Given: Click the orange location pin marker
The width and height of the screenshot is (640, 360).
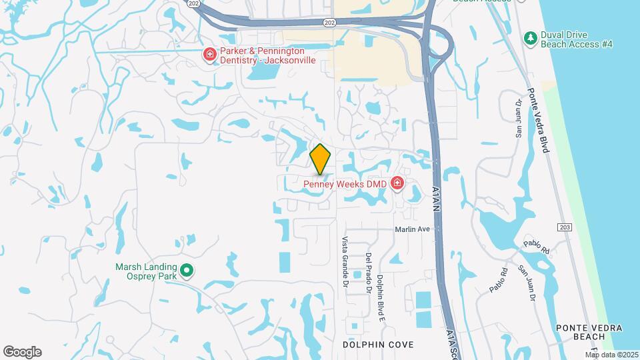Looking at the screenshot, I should [x=321, y=159].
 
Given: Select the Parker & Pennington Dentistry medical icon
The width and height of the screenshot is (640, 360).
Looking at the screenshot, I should [x=209, y=54].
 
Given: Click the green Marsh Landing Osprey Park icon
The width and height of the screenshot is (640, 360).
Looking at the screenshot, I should [x=187, y=271].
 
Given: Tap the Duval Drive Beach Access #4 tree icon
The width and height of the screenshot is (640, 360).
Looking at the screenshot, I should [x=531, y=38].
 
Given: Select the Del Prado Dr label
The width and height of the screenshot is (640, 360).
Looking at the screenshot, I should [x=367, y=274].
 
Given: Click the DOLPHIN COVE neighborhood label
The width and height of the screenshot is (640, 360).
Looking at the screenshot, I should [x=378, y=345].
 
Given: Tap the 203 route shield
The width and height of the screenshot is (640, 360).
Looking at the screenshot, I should [x=565, y=227].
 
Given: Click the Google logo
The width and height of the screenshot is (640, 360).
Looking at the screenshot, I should [x=22, y=351].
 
